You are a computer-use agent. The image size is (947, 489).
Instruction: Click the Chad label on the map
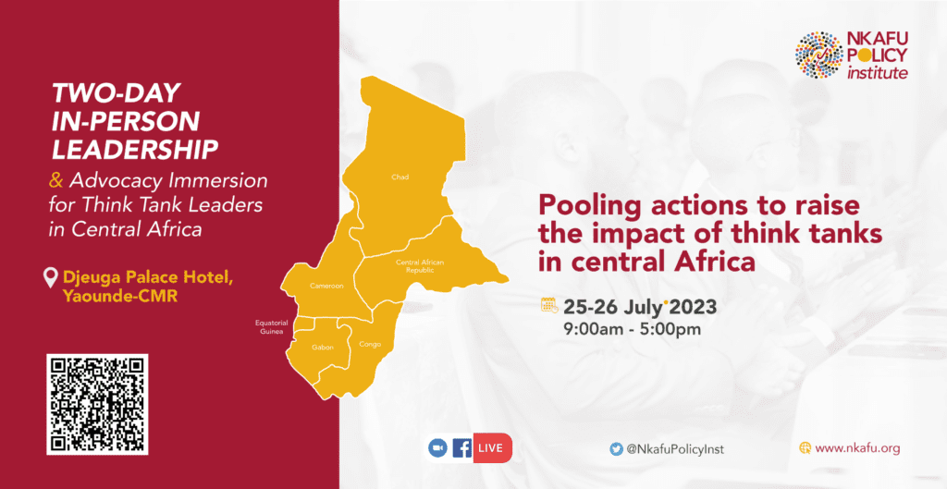click(400, 177)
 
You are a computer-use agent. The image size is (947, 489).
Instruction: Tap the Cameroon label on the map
click(326, 286)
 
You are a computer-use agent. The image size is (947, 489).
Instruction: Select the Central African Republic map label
click(420, 266)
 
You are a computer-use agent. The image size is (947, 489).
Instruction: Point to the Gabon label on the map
click(323, 348)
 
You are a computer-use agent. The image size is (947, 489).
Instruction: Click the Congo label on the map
click(370, 344)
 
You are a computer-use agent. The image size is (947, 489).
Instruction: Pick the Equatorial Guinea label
click(271, 327)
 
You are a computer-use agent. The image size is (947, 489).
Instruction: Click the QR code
click(97, 405)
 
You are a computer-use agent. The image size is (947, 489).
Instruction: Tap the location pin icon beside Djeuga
click(51, 278)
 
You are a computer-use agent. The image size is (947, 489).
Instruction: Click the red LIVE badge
click(492, 448)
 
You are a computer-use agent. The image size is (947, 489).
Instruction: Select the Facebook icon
click(462, 448)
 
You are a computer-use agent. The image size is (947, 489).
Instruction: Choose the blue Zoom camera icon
click(437, 448)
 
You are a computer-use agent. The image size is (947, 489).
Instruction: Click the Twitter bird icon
click(616, 448)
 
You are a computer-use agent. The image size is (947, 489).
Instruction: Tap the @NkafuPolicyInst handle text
click(674, 449)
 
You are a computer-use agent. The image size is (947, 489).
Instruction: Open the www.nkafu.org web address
click(857, 448)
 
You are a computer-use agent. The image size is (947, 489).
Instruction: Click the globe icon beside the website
click(806, 448)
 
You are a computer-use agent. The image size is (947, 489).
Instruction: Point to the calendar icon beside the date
click(549, 305)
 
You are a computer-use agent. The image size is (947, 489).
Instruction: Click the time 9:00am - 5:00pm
click(632, 330)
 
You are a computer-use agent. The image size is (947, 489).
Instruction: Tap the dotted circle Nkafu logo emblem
click(818, 55)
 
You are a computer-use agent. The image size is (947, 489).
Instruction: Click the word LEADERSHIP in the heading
click(135, 150)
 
